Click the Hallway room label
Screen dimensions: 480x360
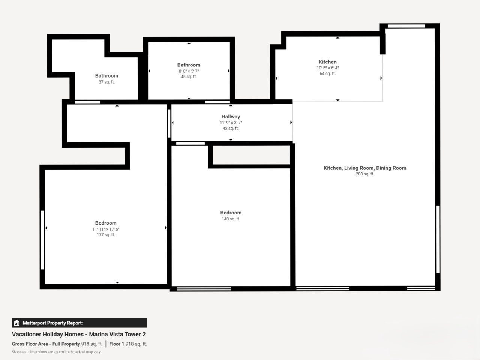(231, 117)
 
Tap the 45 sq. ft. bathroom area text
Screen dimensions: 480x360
(189, 76)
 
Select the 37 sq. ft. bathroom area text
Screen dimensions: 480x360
(106, 82)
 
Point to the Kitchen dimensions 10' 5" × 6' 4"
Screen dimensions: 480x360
(328, 68)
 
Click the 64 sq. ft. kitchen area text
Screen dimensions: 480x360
(328, 73)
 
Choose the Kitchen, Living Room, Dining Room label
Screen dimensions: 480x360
(365, 168)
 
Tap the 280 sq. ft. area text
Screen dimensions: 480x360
(365, 174)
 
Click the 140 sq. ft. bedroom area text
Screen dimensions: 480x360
(231, 219)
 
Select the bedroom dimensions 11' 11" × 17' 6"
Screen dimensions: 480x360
(106, 229)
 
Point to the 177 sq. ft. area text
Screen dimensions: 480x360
(106, 234)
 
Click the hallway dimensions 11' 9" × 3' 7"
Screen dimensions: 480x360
(231, 123)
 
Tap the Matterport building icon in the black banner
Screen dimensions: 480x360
(17, 323)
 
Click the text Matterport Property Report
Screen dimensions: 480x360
(53, 323)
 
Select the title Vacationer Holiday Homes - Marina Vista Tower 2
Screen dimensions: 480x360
(79, 334)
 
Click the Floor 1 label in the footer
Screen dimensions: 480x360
(117, 344)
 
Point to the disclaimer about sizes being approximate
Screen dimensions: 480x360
(56, 352)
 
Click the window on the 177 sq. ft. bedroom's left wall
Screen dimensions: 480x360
(42, 240)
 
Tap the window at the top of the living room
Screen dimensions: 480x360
(406, 26)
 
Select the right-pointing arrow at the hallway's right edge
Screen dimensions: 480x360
(291, 123)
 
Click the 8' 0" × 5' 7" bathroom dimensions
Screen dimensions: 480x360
(189, 71)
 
